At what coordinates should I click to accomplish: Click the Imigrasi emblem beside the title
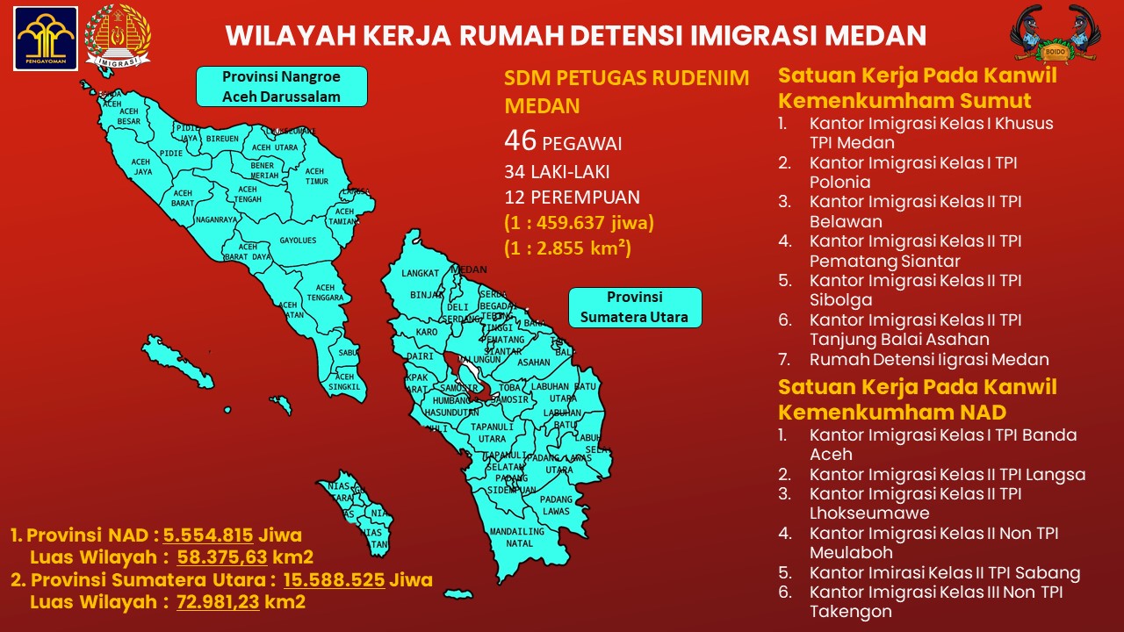coord(118,37)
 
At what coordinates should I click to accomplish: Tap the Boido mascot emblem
coord(1054,35)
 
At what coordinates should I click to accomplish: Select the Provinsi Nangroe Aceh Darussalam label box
coord(281,86)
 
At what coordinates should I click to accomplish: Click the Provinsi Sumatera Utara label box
coord(634,307)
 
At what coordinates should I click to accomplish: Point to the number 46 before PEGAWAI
coord(520,140)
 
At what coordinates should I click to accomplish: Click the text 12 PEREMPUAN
coord(572,197)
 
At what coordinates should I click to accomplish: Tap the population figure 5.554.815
coord(208,535)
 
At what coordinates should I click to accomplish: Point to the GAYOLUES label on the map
coord(298,241)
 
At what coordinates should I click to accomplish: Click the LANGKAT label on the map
coord(420,274)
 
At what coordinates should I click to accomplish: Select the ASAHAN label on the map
coord(533,362)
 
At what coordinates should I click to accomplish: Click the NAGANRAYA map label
coord(216,219)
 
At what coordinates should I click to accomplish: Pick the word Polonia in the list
coord(840,183)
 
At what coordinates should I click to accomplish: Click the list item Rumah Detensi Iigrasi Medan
coord(929,359)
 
